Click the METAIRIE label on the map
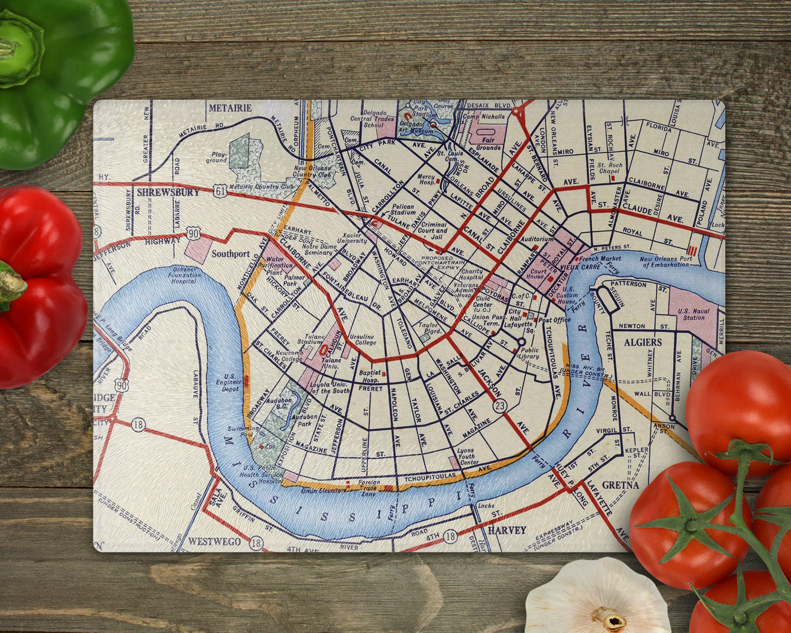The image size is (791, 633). (230, 108)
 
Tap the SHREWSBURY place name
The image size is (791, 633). (168, 192)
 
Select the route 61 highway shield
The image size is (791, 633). (221, 190)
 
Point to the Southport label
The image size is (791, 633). (230, 254)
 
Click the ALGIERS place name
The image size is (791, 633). (643, 342)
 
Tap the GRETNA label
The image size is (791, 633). (620, 485)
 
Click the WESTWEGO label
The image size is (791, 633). (215, 542)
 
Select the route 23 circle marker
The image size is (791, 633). (499, 406)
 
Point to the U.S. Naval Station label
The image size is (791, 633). (693, 314)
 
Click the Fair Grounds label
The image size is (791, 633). (488, 143)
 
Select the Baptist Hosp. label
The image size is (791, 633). (370, 376)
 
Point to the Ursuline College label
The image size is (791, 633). (362, 339)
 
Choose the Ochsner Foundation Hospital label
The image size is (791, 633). (183, 275)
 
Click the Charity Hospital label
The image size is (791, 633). (471, 274)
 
